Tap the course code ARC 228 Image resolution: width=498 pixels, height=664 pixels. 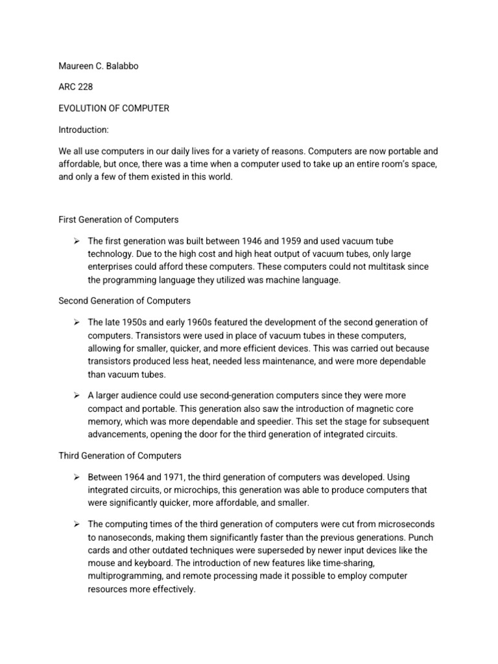[75, 87]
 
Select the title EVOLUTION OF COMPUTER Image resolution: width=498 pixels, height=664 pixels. [113, 108]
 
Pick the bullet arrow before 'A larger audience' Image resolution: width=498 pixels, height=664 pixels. [76, 395]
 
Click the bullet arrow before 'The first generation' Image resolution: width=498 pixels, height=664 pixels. [76, 241]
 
